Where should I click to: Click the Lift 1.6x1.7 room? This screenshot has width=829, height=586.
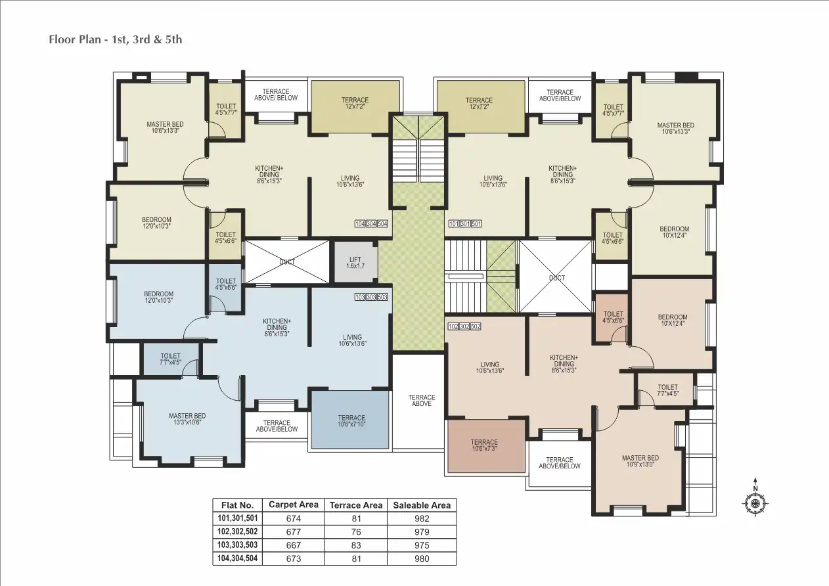click(355, 263)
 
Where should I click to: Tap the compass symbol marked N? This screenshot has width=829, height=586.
click(755, 503)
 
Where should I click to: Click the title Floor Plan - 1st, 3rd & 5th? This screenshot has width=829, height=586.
click(116, 39)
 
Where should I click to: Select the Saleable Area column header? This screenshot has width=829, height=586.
click(422, 505)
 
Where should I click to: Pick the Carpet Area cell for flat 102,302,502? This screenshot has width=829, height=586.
click(293, 531)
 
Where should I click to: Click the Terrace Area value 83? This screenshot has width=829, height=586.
click(355, 545)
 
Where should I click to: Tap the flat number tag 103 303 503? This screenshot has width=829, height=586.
click(371, 297)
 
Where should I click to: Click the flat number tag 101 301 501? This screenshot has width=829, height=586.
click(465, 224)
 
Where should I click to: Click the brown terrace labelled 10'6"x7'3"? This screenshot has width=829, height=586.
click(485, 446)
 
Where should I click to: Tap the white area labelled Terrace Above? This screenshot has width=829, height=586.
click(421, 400)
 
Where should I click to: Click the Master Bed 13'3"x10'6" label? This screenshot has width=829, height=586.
click(187, 419)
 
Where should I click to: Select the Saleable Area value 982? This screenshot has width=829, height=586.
click(422, 518)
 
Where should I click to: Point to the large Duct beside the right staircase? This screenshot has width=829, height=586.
click(556, 277)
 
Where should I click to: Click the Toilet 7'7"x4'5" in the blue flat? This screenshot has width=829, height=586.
click(170, 359)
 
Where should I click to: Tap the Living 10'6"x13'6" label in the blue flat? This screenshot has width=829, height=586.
click(352, 340)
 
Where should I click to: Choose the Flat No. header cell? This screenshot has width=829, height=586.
click(237, 505)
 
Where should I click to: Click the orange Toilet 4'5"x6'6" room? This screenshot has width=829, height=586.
click(613, 317)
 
